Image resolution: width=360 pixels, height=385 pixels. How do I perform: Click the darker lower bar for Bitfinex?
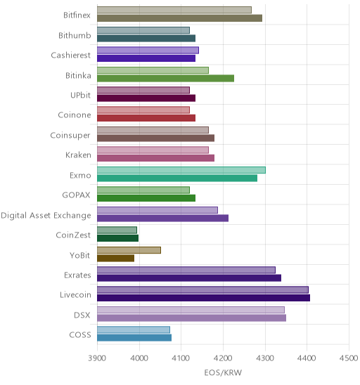[179, 18]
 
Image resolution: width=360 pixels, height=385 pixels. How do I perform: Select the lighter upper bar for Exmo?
[181, 170]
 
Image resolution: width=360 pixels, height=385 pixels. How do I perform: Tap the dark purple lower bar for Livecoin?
[203, 298]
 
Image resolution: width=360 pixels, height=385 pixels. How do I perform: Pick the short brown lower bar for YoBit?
[116, 258]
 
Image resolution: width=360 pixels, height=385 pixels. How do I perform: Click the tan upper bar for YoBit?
[129, 250]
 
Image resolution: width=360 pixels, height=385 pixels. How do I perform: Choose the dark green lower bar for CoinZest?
[117, 238]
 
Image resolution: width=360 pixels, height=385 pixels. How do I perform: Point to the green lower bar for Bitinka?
[166, 78]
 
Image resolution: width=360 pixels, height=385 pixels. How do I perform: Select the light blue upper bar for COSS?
[134, 329]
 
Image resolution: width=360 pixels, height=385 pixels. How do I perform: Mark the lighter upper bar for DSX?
[191, 310]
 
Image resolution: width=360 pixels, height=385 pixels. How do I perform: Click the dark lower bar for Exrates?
[189, 278]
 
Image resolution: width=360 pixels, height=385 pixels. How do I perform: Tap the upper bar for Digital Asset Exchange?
[157, 210]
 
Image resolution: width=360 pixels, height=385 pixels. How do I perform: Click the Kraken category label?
[78, 155]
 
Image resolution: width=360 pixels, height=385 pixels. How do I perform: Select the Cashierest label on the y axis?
[71, 55]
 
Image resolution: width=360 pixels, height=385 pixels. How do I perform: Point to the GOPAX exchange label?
[76, 195]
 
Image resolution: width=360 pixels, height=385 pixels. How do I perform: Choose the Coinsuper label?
[70, 136]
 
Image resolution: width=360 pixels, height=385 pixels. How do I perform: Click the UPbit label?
[80, 95]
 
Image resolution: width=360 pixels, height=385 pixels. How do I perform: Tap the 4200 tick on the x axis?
[223, 358]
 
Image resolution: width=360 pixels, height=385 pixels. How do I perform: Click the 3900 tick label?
[97, 358]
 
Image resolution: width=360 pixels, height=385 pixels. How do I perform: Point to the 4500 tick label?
[349, 358]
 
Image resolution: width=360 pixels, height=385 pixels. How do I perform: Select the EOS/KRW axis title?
[223, 373]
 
